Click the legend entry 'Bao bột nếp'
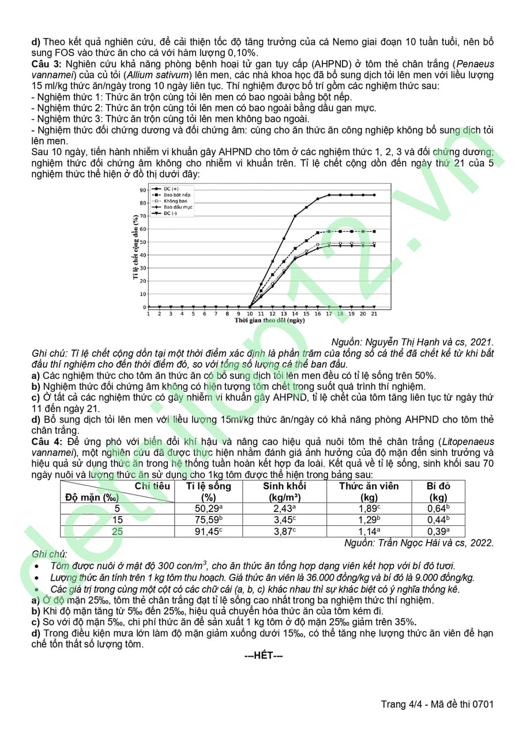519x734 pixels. (176, 195)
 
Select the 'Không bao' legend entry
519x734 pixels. (174, 201)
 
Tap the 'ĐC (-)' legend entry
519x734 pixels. (171, 213)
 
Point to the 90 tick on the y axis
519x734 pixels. (142, 190)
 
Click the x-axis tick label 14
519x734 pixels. (295, 314)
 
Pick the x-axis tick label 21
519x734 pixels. (374, 314)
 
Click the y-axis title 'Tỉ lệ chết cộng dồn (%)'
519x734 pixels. (136, 247)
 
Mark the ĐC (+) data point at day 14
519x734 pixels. (295, 216)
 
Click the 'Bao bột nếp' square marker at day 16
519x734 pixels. (318, 232)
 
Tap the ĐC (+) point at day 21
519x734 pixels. (374, 195)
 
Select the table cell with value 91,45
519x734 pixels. (208, 532)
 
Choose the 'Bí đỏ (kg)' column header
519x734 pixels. (438, 491)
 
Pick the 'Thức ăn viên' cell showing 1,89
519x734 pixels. (368, 509)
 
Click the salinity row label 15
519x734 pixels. (117, 520)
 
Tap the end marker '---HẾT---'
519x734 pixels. (264, 656)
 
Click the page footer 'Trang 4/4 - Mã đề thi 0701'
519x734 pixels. (437, 704)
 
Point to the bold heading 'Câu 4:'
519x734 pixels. (47, 442)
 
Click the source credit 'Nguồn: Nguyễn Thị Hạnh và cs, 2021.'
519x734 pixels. (413, 342)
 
